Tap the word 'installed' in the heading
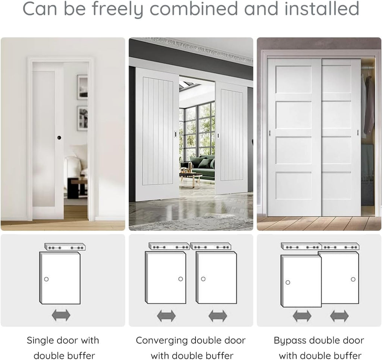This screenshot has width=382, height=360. click(322, 8)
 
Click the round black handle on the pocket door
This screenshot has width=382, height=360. click(59, 138)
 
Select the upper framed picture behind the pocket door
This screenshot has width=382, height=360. click(82, 87)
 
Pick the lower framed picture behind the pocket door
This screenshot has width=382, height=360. click(82, 119)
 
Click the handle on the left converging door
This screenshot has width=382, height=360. click(176, 134)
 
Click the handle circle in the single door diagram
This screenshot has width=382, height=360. click(46, 279)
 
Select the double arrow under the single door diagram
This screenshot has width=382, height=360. click(61, 315)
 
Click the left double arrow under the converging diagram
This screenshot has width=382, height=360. click(166, 316)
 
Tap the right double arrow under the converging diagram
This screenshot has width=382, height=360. click(218, 316)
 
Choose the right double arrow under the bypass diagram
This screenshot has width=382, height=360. click(339, 316)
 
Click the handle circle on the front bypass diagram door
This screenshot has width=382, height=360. click(288, 282)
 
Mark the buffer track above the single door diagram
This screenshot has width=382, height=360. click(65, 247)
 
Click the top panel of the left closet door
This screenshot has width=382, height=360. click(294, 79)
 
